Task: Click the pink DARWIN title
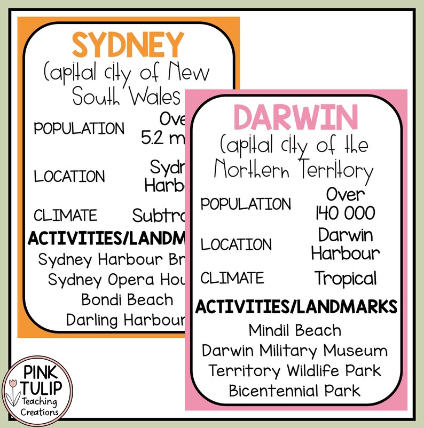coord(295,118)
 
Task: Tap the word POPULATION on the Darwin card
coord(246,204)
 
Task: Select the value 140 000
coord(345,213)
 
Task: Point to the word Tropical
coord(345,278)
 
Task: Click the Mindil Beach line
coord(295,330)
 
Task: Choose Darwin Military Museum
coord(295,351)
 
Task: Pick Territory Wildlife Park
coord(295,370)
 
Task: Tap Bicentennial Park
coord(295,390)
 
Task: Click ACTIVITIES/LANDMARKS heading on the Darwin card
coord(296,307)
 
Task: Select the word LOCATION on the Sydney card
coord(69,176)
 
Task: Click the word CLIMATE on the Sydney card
coord(66,216)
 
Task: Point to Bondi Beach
coord(127,299)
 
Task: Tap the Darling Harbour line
coord(125,320)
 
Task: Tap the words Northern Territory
coord(293,170)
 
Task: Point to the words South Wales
coord(126,97)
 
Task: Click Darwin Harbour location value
coord(345,244)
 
